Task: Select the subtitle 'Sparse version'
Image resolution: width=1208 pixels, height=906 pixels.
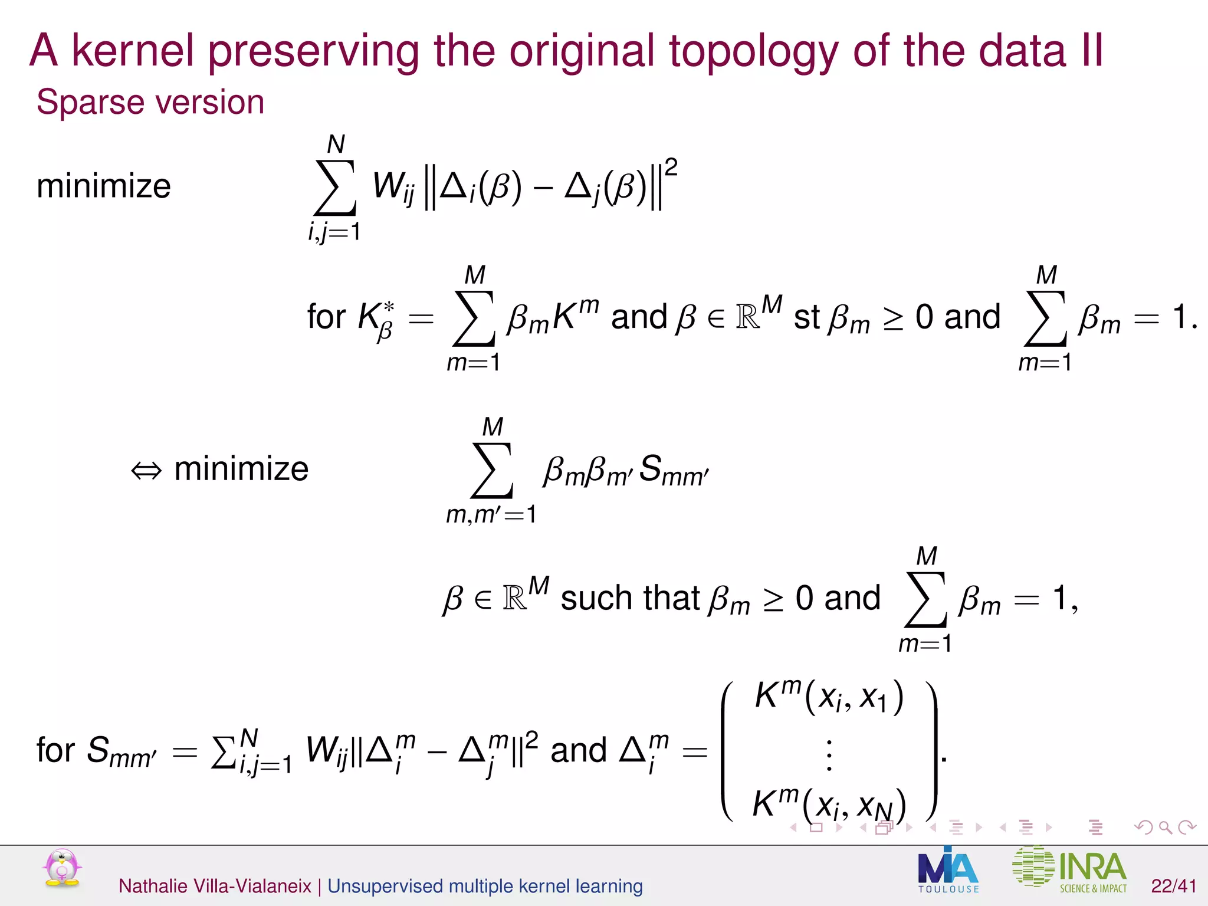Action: click(150, 102)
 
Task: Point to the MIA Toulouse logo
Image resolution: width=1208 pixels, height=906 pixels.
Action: click(948, 870)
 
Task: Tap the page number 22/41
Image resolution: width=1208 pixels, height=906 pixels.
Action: click(1173, 886)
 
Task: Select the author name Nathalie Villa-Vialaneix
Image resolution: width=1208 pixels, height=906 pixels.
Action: click(215, 886)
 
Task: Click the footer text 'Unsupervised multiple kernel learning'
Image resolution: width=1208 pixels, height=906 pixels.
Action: click(485, 886)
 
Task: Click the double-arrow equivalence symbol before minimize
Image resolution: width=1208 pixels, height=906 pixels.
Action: click(146, 470)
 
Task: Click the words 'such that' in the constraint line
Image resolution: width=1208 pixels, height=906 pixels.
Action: click(629, 598)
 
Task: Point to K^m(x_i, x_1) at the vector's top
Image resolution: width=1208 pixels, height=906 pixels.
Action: click(828, 697)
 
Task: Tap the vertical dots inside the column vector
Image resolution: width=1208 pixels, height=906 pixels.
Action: click(829, 755)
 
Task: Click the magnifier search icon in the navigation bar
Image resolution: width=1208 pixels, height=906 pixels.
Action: click(1165, 828)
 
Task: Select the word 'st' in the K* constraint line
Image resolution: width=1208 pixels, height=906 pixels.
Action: click(806, 318)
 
